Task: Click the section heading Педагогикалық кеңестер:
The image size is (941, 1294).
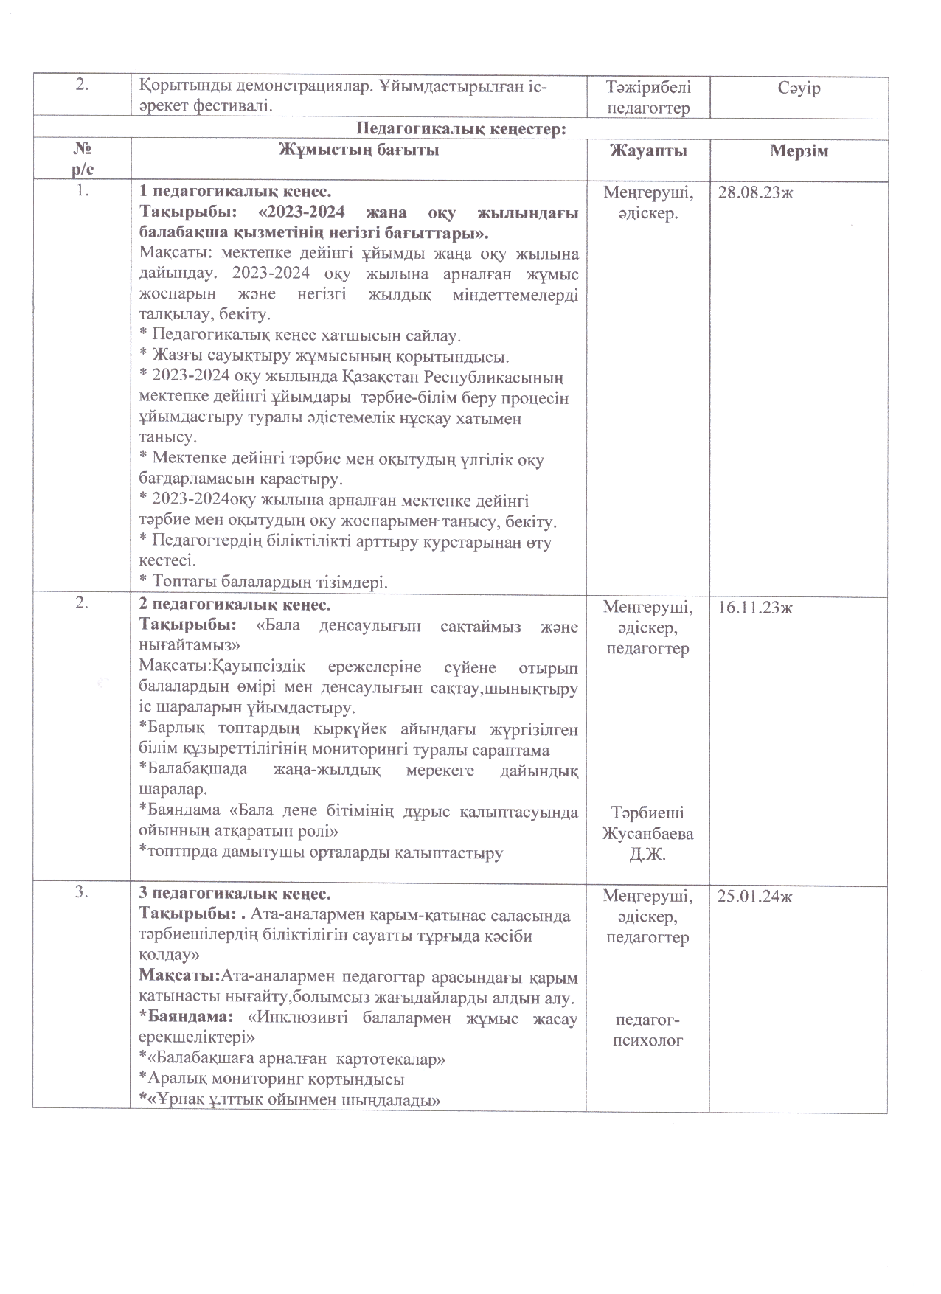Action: click(461, 128)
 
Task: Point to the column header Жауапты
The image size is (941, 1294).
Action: click(647, 151)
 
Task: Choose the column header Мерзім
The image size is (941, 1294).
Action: click(799, 152)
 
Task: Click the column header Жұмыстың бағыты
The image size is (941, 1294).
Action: click(358, 150)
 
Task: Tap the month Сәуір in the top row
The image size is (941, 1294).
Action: click(799, 88)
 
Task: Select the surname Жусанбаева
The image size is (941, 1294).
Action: click(647, 834)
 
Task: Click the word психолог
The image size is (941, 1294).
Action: click(647, 1040)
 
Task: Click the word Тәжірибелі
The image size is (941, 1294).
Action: click(647, 87)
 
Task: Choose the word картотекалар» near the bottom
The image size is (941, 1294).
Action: click(391, 1060)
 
